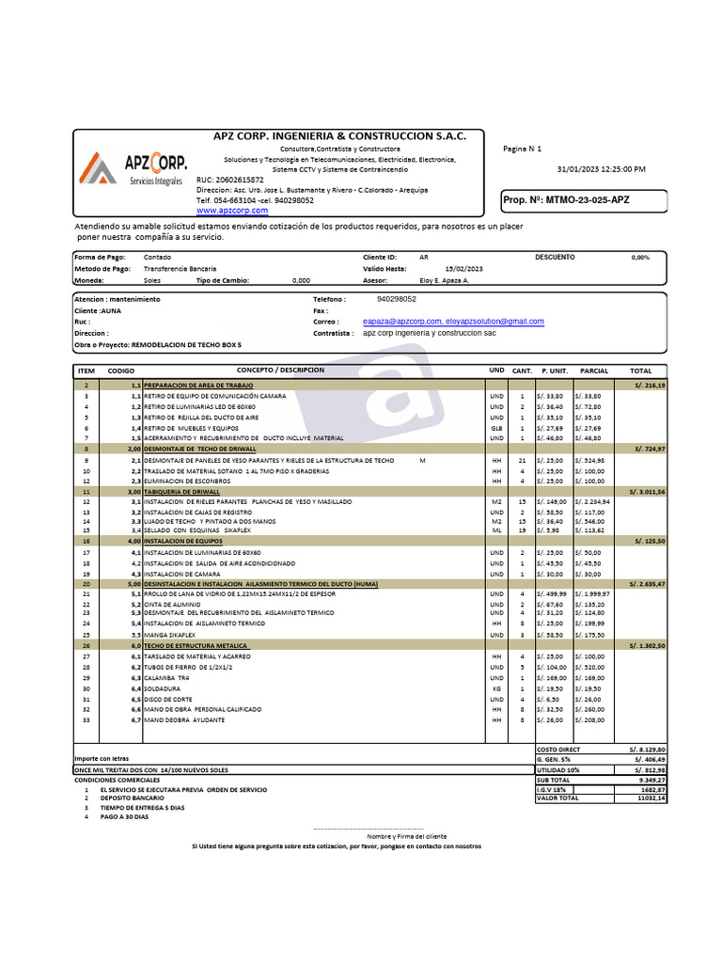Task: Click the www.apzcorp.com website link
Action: coord(231,211)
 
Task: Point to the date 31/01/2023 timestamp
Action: coord(601,168)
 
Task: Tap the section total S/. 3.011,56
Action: coord(646,492)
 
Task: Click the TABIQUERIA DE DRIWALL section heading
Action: coord(181,492)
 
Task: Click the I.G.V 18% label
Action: coord(551,790)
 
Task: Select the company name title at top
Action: coord(340,136)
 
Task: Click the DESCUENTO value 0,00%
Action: coord(640,257)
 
